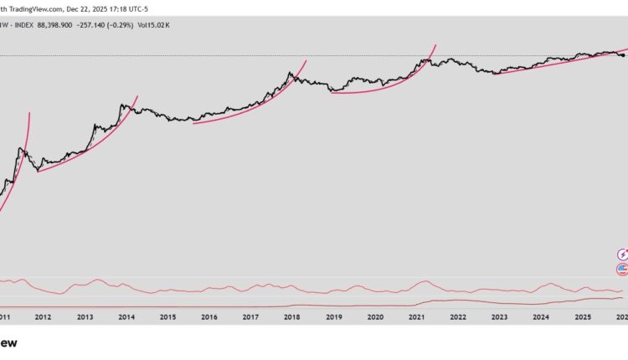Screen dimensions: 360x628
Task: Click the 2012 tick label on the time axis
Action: pyautogui.click(x=44, y=318)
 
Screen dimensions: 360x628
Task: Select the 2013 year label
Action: pyautogui.click(x=85, y=318)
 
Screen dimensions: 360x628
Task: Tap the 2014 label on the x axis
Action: pyautogui.click(x=126, y=318)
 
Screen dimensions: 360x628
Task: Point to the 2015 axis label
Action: pyautogui.click(x=167, y=318)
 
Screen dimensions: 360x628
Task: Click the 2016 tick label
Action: pyautogui.click(x=209, y=318)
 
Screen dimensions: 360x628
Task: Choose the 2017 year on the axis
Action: pyautogui.click(x=250, y=318)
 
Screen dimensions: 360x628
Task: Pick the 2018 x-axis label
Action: pyautogui.click(x=292, y=318)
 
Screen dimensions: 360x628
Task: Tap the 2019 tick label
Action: pyautogui.click(x=333, y=318)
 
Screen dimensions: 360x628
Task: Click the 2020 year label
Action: pyautogui.click(x=375, y=318)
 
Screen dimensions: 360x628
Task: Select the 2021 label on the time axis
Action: pyautogui.click(x=416, y=318)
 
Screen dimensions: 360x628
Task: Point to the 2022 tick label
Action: pyautogui.click(x=458, y=318)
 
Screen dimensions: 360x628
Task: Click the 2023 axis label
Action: pyautogui.click(x=499, y=318)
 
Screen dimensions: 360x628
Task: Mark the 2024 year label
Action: pyautogui.click(x=541, y=318)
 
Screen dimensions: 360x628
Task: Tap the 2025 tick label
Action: pyautogui.click(x=582, y=318)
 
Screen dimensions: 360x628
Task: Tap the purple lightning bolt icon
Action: pyautogui.click(x=622, y=254)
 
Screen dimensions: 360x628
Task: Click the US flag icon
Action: pyautogui.click(x=622, y=269)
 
